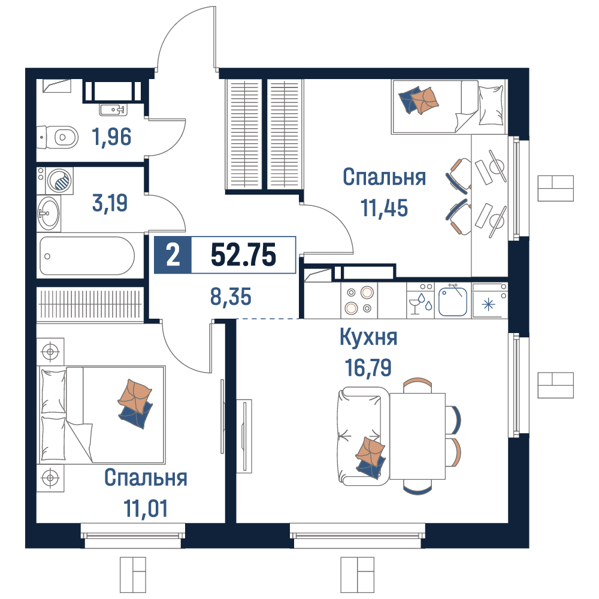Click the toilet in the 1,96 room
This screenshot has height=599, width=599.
pyautogui.click(x=58, y=137)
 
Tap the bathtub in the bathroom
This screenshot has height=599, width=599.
pyautogui.click(x=87, y=256)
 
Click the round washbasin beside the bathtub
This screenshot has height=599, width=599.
pyautogui.click(x=49, y=213)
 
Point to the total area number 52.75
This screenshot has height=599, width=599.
pyautogui.click(x=243, y=255)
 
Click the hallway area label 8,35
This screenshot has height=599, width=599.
pyautogui.click(x=231, y=297)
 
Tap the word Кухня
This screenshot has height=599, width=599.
pyautogui.click(x=368, y=337)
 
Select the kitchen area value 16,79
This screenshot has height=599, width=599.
pyautogui.click(x=368, y=368)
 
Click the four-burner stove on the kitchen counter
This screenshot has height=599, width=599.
pyautogui.click(x=359, y=300)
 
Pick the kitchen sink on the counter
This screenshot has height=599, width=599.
pyautogui.click(x=453, y=301)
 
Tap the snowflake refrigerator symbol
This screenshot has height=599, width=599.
pyautogui.click(x=489, y=304)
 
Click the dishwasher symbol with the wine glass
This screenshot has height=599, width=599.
pyautogui.click(x=420, y=300)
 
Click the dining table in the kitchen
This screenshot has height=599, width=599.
pyautogui.click(x=417, y=436)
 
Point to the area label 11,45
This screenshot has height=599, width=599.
pyautogui.click(x=384, y=208)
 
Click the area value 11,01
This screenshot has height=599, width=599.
pyautogui.click(x=146, y=509)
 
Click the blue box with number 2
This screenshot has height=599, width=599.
pyautogui.click(x=173, y=255)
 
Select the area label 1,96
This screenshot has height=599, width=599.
pyautogui.click(x=111, y=137)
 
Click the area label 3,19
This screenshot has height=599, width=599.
pyautogui.click(x=110, y=203)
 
